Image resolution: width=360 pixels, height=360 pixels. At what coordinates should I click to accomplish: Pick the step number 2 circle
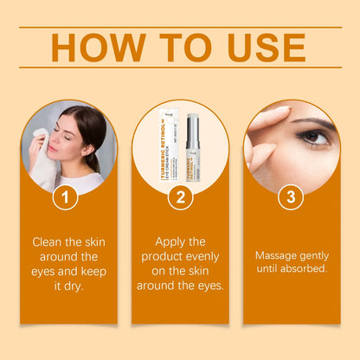179,197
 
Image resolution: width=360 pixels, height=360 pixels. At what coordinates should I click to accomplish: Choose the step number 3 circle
291,197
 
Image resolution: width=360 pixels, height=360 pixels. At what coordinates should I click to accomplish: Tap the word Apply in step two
170,241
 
